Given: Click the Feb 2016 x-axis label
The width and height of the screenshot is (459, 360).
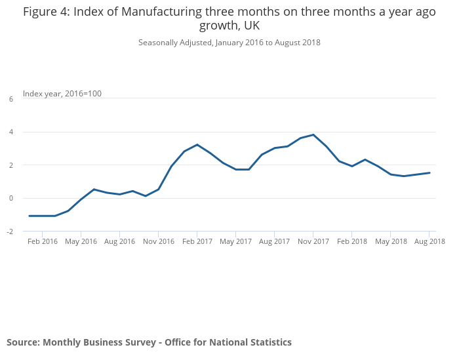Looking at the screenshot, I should tap(42, 241).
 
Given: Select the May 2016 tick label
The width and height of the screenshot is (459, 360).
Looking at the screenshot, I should tap(81, 241).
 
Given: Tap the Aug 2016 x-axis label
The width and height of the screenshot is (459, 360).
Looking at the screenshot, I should tap(119, 241).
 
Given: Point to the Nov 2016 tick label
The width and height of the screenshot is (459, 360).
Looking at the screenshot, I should tap(158, 241).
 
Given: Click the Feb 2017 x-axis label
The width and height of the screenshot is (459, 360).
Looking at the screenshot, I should tap(197, 241).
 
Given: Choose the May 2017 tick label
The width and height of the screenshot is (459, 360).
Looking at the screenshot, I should tap(235, 241).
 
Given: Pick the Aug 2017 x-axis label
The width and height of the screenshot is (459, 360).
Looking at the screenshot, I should tap(274, 241).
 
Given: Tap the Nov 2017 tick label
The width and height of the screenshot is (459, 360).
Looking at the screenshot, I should tap(313, 241).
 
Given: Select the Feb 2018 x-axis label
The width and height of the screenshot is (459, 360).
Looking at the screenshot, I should tap(351, 241).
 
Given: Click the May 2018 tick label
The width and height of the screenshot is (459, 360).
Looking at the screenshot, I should tap(390, 241).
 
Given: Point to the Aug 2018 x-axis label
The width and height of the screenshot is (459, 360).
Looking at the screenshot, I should tap(429, 241).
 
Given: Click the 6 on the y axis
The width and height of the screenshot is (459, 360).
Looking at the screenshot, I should tap(11, 99).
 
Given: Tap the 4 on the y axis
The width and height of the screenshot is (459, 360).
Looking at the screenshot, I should tap(11, 132).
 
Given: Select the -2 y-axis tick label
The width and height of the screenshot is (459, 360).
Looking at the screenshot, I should tap(10, 231).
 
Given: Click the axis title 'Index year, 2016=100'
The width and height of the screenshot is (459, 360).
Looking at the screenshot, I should tap(62, 94).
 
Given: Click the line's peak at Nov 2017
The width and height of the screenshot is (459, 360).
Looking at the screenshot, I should tap(313, 134).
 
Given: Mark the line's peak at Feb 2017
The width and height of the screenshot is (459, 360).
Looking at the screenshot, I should tap(197, 144).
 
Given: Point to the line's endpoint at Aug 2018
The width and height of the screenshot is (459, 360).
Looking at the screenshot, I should tap(429, 173).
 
